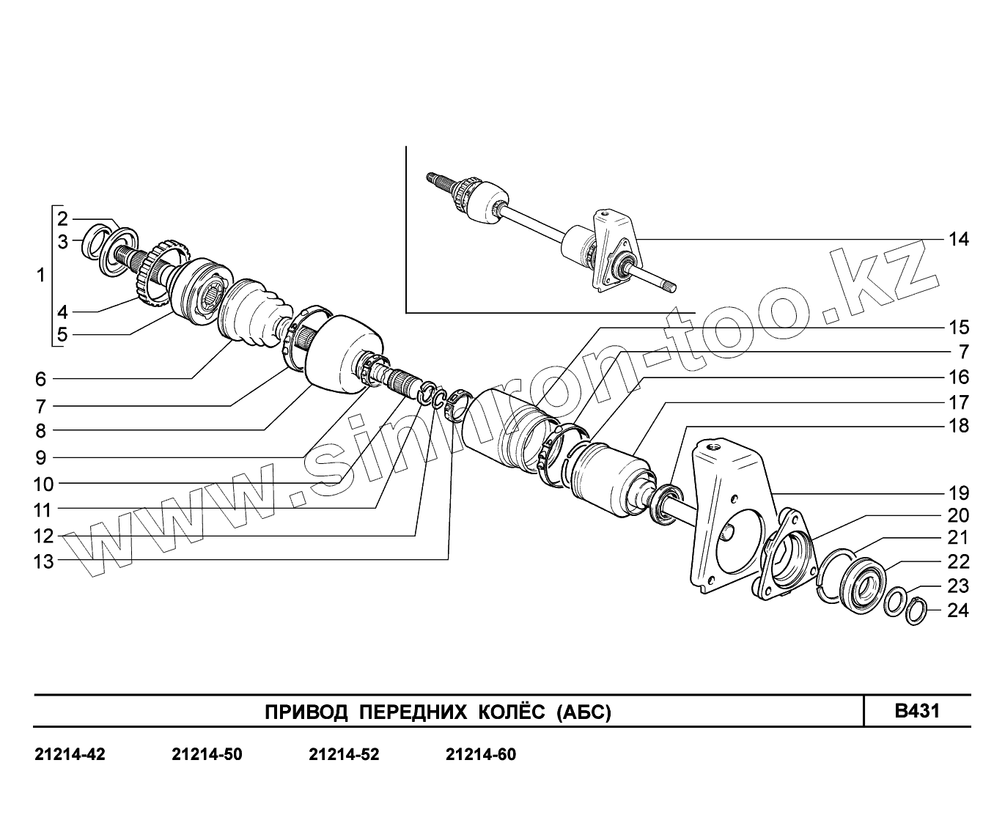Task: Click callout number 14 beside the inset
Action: pos(958,239)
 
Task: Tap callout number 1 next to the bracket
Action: pos(41,276)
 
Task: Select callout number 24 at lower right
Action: pos(958,610)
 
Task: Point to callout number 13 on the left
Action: pos(43,562)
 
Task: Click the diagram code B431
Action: pos(917,711)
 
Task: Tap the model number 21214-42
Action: pos(70,754)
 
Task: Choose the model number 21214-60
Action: pos(481,754)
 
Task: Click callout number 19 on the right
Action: pos(958,493)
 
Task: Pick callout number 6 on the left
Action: pos(40,379)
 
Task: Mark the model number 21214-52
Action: pos(344,754)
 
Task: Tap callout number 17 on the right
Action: pos(958,402)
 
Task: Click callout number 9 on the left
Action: pos(40,458)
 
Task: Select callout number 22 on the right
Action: pos(958,561)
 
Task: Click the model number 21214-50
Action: pos(207,754)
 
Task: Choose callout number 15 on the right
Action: pos(958,327)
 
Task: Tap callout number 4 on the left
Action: pos(62,311)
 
